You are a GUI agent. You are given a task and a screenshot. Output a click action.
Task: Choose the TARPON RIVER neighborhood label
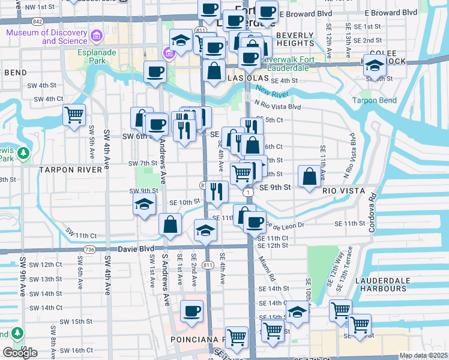coord(71,170)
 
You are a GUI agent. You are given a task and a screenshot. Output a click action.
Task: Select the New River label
coord(273,91)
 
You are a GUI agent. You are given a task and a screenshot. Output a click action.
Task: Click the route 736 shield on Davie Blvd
coord(90,248)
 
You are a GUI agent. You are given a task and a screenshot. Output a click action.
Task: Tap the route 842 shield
coord(38,21)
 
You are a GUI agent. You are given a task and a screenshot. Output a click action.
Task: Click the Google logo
coord(20,353)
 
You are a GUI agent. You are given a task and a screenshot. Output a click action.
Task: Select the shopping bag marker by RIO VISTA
coord(309,177)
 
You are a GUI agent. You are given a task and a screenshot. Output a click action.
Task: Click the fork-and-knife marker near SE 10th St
coord(217,191)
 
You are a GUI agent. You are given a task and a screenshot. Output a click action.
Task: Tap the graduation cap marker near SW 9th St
coord(144,205)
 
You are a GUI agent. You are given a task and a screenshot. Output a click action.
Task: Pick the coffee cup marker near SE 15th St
coord(191,311)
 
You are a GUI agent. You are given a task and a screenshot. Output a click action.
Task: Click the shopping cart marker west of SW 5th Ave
coord(74,114)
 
